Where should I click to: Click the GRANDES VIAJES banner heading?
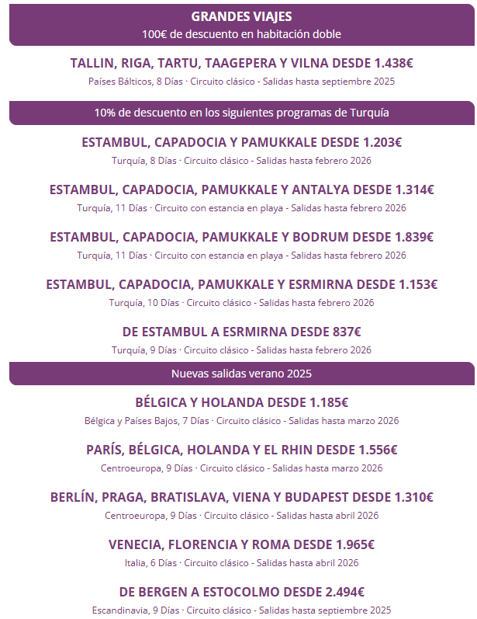241,16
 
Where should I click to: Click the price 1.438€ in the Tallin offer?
393,64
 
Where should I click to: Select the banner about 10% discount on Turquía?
241,113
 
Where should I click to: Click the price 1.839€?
413,237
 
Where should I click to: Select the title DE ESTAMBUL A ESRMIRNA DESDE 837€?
241,332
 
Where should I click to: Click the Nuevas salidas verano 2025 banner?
241,374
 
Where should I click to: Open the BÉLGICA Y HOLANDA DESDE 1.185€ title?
241,402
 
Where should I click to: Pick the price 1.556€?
378,450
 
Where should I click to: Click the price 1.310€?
413,497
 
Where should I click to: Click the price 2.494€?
344,592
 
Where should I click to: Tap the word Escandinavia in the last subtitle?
120,610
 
